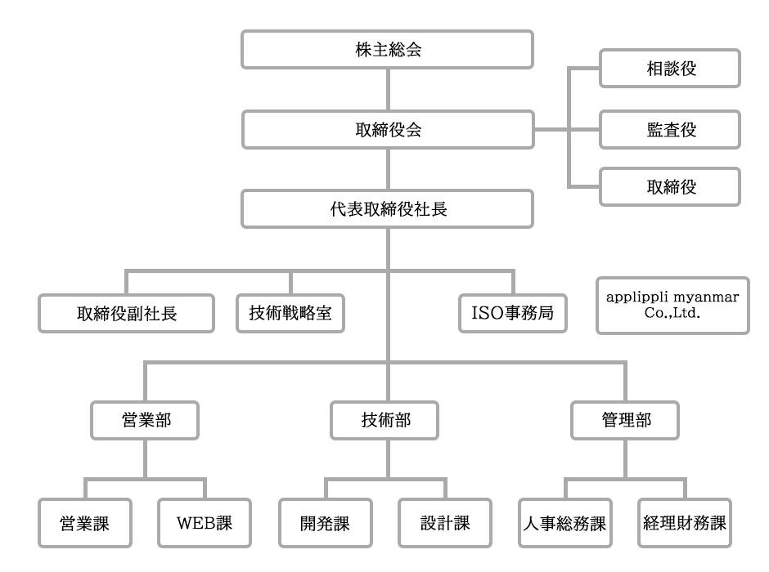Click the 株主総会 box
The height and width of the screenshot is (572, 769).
click(x=388, y=50)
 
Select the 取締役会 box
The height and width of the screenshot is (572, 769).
click(x=388, y=130)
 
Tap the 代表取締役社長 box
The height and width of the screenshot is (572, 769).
click(x=388, y=209)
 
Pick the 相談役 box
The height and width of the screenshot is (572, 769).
click(x=670, y=68)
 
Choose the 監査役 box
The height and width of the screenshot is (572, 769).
click(x=670, y=130)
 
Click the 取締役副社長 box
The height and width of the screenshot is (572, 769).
click(x=127, y=314)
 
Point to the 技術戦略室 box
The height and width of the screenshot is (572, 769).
click(x=290, y=314)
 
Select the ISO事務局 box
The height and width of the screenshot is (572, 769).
click(x=513, y=314)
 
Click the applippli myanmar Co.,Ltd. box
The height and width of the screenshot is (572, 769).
click(x=672, y=306)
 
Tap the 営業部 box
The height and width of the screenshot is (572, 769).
click(x=145, y=420)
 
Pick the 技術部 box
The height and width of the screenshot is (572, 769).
click(x=384, y=420)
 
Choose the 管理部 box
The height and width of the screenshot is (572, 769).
click(x=625, y=420)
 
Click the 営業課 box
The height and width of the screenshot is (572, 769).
click(x=85, y=523)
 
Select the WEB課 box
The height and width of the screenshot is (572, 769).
click(x=205, y=523)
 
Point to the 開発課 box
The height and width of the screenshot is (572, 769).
click(x=325, y=523)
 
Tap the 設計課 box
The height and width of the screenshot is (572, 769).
click(x=445, y=523)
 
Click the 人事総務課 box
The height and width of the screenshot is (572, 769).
click(x=565, y=523)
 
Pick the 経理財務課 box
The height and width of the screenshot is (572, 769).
click(x=685, y=523)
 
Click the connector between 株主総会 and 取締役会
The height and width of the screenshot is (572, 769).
click(x=388, y=90)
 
